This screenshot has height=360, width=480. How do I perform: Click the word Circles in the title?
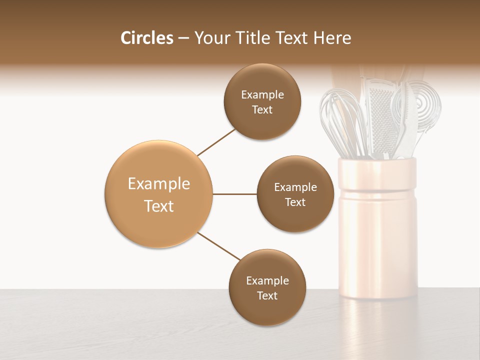146,38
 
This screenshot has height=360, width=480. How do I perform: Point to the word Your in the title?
211,38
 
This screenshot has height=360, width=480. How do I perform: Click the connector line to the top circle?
216,142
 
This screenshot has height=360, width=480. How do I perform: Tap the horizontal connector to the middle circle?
235,194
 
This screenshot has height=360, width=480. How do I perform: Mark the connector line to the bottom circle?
219,246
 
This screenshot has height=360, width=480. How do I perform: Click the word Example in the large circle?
159,184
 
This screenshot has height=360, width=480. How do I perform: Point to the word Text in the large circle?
159,206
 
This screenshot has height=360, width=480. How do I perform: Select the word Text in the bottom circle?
267,295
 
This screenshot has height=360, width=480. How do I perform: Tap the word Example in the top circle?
262,95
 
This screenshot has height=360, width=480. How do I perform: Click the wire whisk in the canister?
340,120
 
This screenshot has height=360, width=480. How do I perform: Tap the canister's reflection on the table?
377,325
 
